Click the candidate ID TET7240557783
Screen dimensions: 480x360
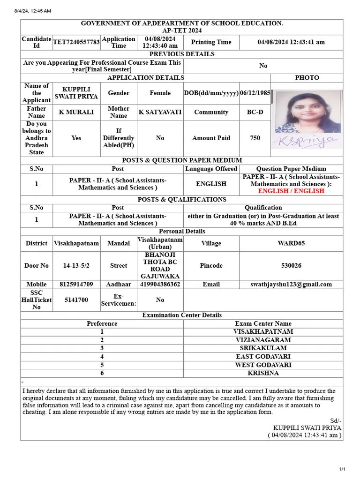76,42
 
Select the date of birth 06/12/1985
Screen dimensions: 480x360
255,93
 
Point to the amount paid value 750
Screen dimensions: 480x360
255,138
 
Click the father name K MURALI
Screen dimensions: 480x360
76,112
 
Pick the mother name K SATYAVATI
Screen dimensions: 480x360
160,112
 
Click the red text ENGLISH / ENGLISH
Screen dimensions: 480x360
291,191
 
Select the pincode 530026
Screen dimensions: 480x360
291,265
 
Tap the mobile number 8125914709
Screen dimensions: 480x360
76,284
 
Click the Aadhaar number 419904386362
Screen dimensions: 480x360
160,284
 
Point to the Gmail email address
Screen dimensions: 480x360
291,284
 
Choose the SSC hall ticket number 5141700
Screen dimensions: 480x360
76,300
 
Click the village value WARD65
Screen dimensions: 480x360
291,243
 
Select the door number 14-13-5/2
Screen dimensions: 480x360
76,265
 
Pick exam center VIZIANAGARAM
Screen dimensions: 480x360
262,340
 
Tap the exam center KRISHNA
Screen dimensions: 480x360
262,373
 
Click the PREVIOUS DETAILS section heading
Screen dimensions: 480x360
181,54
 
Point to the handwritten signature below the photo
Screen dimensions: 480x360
301,142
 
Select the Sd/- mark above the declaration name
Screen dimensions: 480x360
336,420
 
